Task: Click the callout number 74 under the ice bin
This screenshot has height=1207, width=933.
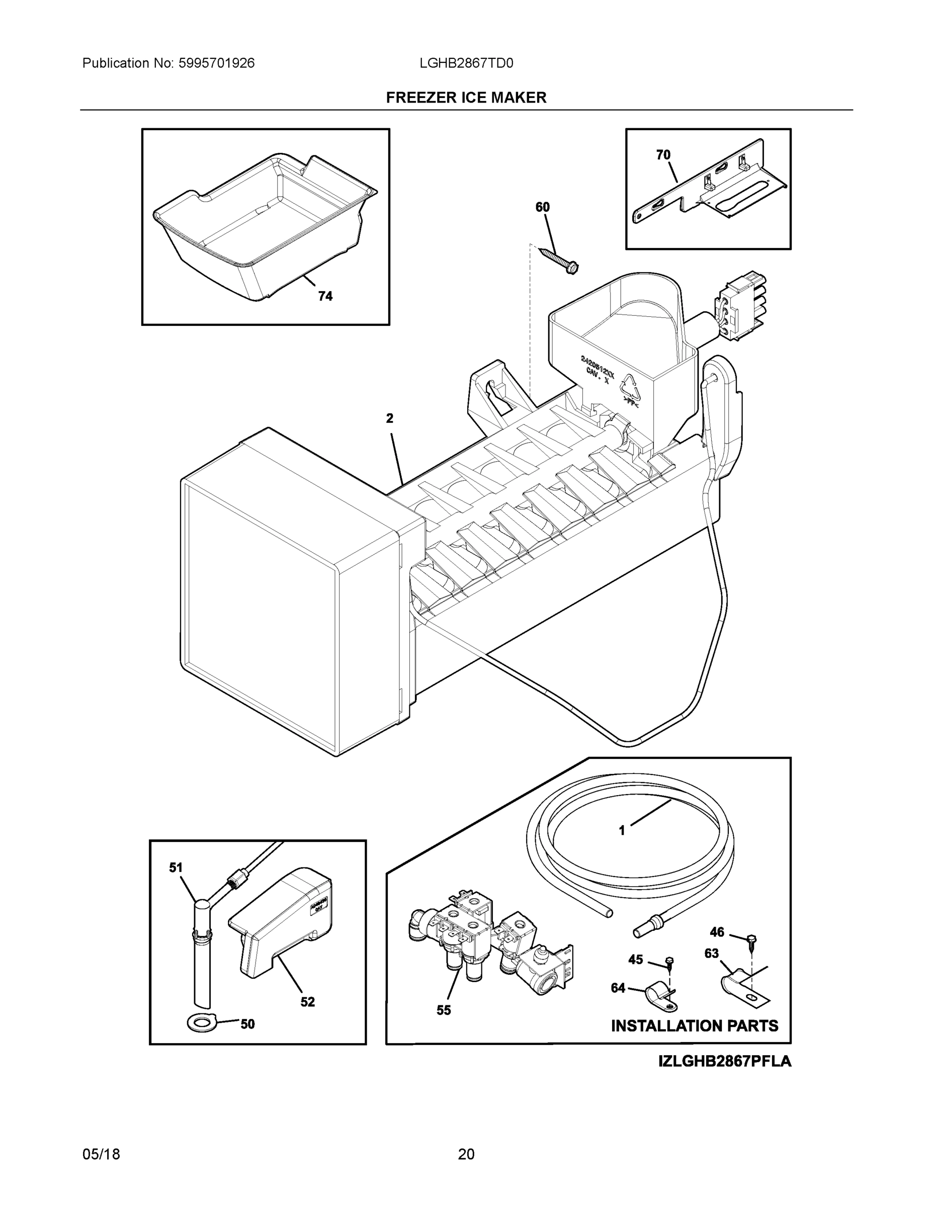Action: click(325, 296)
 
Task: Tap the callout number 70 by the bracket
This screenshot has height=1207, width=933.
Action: click(663, 155)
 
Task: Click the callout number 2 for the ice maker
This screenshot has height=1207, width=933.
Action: click(390, 418)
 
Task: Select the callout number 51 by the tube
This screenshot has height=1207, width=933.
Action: click(176, 868)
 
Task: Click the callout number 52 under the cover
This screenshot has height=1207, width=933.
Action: click(307, 1001)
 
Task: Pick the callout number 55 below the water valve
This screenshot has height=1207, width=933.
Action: click(443, 1010)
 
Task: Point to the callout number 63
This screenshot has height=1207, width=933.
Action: click(711, 954)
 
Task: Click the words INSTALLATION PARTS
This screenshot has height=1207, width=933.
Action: click(694, 1026)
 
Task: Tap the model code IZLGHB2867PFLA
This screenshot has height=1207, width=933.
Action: click(725, 1061)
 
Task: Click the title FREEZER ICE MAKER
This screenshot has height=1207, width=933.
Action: click(466, 98)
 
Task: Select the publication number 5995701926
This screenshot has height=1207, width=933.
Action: click(216, 63)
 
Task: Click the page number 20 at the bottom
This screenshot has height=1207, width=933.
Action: click(466, 1154)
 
